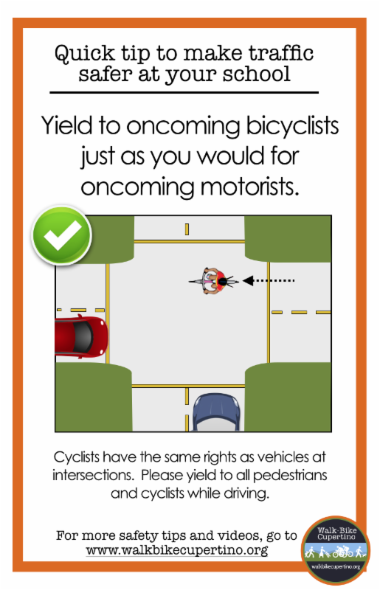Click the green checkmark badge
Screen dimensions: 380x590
pyautogui.click(x=62, y=235)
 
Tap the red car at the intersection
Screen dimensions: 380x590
pyautogui.click(x=82, y=337)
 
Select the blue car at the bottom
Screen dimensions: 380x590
pyautogui.click(x=216, y=412)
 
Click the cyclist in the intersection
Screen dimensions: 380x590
pyautogui.click(x=213, y=281)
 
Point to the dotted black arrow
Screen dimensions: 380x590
pyautogui.click(x=269, y=280)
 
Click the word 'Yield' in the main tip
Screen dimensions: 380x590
pyautogui.click(x=66, y=125)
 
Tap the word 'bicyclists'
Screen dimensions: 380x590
pyautogui.click(x=292, y=127)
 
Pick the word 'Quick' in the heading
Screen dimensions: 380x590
pyautogui.click(x=84, y=53)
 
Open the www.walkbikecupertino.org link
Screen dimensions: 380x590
pyautogui.click(x=176, y=550)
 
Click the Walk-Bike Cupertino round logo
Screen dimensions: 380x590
pyautogui.click(x=335, y=549)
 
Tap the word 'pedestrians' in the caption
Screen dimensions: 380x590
pyautogui.click(x=290, y=476)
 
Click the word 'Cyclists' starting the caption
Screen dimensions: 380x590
pyautogui.click(x=77, y=457)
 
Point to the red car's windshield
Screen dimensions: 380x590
pyautogui.click(x=83, y=337)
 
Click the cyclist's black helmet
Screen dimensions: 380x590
pyautogui.click(x=223, y=282)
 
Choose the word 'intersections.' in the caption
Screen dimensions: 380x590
pyautogui.click(x=93, y=475)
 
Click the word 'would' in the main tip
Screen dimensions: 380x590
pyautogui.click(x=230, y=156)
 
